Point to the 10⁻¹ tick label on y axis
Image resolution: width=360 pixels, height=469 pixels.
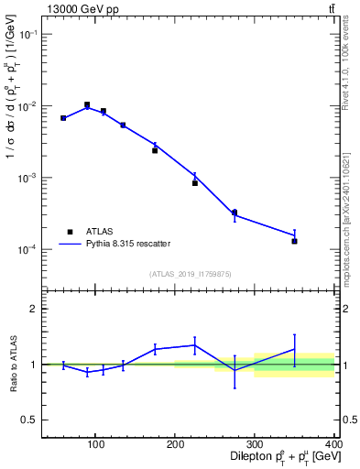(27, 34)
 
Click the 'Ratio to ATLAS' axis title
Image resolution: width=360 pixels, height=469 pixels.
(13, 365)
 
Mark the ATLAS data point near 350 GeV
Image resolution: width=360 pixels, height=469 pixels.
(294, 241)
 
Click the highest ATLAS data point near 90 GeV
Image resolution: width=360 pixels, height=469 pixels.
(87, 105)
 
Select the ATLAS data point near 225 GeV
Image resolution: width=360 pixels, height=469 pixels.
(195, 183)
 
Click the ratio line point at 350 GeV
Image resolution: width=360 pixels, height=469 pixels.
(294, 349)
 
